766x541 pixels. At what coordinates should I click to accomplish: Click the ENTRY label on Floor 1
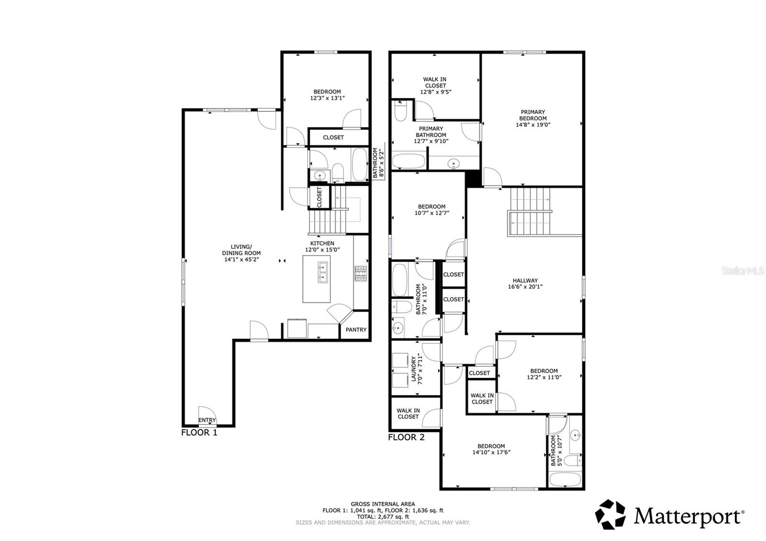click(x=207, y=420)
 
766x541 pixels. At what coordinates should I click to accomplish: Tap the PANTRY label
click(x=356, y=329)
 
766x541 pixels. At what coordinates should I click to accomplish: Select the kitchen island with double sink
click(x=316, y=279)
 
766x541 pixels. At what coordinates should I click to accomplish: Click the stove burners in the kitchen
click(x=360, y=273)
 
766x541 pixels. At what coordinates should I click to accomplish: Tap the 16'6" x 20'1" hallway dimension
click(x=525, y=287)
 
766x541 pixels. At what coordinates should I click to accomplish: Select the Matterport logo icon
click(x=610, y=515)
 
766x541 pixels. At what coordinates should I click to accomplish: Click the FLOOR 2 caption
click(x=406, y=437)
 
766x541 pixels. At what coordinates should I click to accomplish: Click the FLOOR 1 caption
click(x=199, y=432)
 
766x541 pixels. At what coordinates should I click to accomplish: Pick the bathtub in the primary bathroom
click(x=408, y=161)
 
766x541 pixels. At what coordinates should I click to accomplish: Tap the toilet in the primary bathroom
click(x=400, y=112)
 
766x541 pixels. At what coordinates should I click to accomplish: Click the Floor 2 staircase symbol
click(x=530, y=212)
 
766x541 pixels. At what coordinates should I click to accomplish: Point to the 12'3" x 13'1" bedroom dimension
click(x=327, y=98)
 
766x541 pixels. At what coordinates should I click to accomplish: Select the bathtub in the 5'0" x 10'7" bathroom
click(x=565, y=479)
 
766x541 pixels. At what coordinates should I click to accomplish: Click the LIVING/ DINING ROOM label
click(x=241, y=253)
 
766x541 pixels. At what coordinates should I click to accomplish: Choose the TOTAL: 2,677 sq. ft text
click(x=383, y=517)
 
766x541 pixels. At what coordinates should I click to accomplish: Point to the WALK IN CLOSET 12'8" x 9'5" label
click(x=435, y=86)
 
